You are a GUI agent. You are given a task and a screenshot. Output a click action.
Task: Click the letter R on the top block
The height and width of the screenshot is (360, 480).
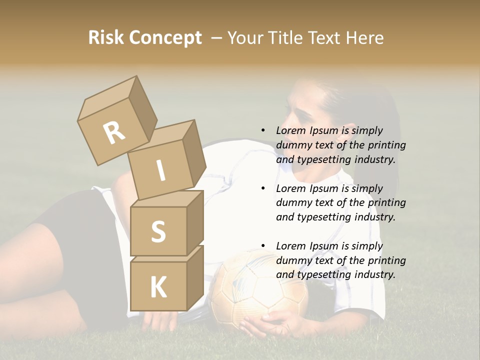114,133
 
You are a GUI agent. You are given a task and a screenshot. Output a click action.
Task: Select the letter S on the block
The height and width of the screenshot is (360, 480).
158,232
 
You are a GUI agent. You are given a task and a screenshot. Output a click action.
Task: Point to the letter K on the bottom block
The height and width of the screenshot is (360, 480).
158,288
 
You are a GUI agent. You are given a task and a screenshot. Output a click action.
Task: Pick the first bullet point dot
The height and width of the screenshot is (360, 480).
263,130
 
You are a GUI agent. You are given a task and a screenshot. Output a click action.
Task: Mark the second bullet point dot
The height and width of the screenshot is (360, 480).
263,188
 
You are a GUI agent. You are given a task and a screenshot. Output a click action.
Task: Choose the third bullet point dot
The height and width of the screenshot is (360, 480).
263,246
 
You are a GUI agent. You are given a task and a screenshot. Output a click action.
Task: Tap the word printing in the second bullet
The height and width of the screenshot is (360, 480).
386,202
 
